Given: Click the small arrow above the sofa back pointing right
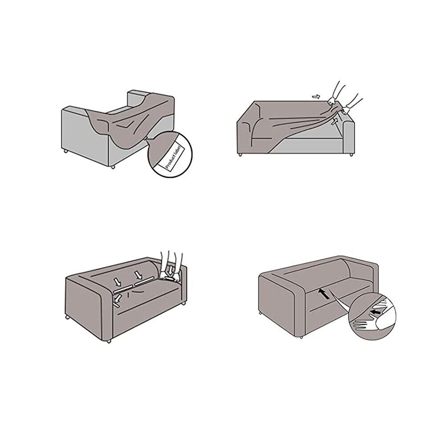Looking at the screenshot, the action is coord(315,96).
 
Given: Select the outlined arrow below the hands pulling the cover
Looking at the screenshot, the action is coord(334,121).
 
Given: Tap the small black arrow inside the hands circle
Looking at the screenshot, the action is coord(375,312).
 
